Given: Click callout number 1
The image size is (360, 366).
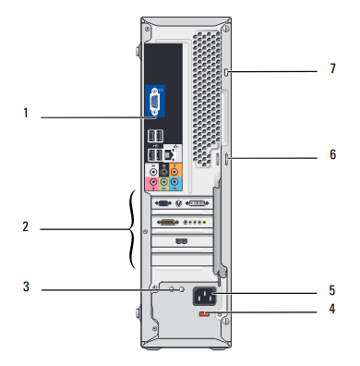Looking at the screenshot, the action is tap(26, 113).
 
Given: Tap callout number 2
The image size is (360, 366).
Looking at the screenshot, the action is tap(26, 226).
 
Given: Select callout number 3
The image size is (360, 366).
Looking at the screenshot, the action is tap(26, 287).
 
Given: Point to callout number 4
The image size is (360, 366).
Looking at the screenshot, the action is tap(332, 309).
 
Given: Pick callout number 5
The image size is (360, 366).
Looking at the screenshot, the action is tap(332, 290).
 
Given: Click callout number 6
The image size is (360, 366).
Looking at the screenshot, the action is tap(333, 154).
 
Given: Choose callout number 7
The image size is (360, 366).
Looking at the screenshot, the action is tap(333, 68).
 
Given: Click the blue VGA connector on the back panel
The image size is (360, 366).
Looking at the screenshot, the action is tap(154, 102).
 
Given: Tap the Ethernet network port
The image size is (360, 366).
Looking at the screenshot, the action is tap(169, 154).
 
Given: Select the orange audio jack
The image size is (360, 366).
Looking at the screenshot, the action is tap(175, 172).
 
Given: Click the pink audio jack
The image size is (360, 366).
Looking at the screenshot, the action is tap(153, 182).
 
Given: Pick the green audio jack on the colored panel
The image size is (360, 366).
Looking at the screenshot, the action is tap(164, 182).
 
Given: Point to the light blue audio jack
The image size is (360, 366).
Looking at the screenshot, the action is tap(175, 182).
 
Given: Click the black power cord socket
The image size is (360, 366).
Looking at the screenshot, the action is tap(204, 297).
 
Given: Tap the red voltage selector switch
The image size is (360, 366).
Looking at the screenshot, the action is tap(204, 314).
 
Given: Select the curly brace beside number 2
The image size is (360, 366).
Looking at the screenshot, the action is tap(132, 229).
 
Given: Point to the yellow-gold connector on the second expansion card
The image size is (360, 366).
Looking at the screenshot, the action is tap(168, 222).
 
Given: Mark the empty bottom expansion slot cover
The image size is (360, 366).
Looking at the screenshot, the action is tap(183, 260).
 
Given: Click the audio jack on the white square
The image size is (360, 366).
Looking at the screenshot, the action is tap(153, 172).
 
